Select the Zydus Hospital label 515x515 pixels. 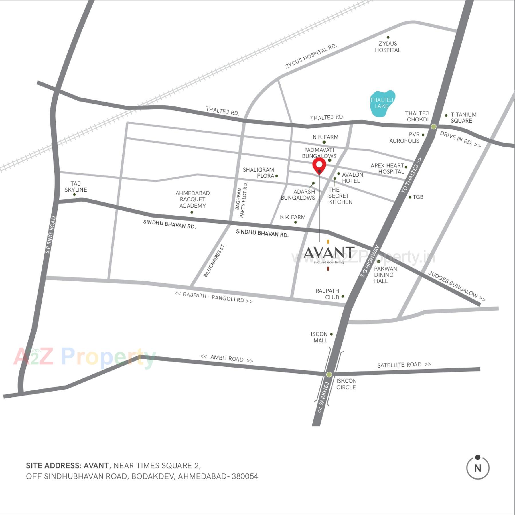388,47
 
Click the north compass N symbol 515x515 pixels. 477,468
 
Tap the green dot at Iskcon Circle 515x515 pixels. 329,374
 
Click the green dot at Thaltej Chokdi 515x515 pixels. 433,127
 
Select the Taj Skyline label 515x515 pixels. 76,187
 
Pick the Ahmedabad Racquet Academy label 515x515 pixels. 192,199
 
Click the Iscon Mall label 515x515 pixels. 319,337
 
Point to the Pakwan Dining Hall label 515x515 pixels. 385,275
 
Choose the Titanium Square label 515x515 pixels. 463,117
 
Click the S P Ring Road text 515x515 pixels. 51,235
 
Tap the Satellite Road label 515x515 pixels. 404,365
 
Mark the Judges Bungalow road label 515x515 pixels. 456,286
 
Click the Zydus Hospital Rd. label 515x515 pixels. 311,56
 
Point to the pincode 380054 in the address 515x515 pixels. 245,476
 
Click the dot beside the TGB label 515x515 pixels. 410,197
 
